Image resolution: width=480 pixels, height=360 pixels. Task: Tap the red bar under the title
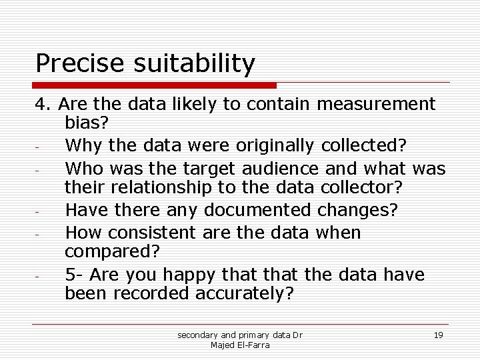155,85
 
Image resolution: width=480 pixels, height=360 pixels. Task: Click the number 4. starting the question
43,105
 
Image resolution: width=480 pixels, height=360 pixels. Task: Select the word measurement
376,105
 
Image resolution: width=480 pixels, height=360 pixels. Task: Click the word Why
83,146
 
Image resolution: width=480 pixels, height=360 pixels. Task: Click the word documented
257,211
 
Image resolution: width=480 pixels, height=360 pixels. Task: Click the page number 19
438,335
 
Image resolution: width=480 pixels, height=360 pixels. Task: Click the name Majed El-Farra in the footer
239,345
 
